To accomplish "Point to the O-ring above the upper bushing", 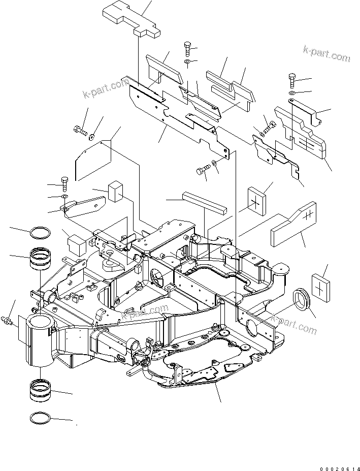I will [x=41, y=233].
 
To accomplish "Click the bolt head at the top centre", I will [x=187, y=49].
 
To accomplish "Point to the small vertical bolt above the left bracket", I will [x=64, y=181].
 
